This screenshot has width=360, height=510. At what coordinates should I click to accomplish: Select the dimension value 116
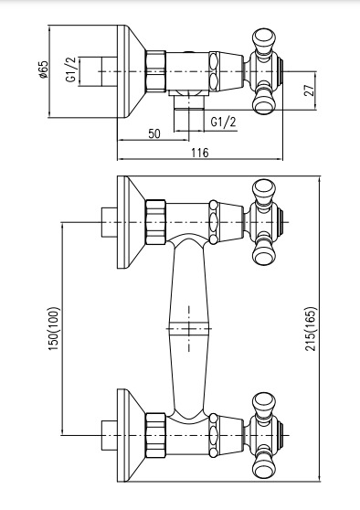click(199, 153)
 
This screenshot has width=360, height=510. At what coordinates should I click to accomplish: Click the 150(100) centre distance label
click(52, 326)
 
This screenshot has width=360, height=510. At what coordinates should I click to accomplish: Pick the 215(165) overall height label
click(312, 326)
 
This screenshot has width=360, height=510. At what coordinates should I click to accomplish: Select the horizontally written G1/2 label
click(222, 122)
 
